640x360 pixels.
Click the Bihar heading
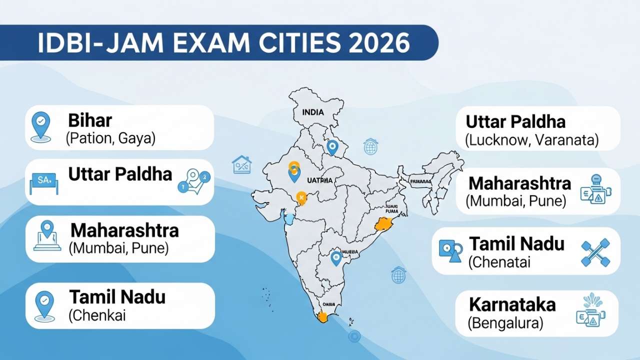[90, 121]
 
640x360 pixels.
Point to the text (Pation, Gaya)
[110, 138]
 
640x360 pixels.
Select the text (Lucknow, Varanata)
[531, 140]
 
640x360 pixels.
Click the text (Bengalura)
[505, 323]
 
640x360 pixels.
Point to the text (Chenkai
[97, 315]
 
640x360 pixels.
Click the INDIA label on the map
[313, 112]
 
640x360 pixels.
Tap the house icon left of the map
[242, 164]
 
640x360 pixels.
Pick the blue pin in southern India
[336, 258]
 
